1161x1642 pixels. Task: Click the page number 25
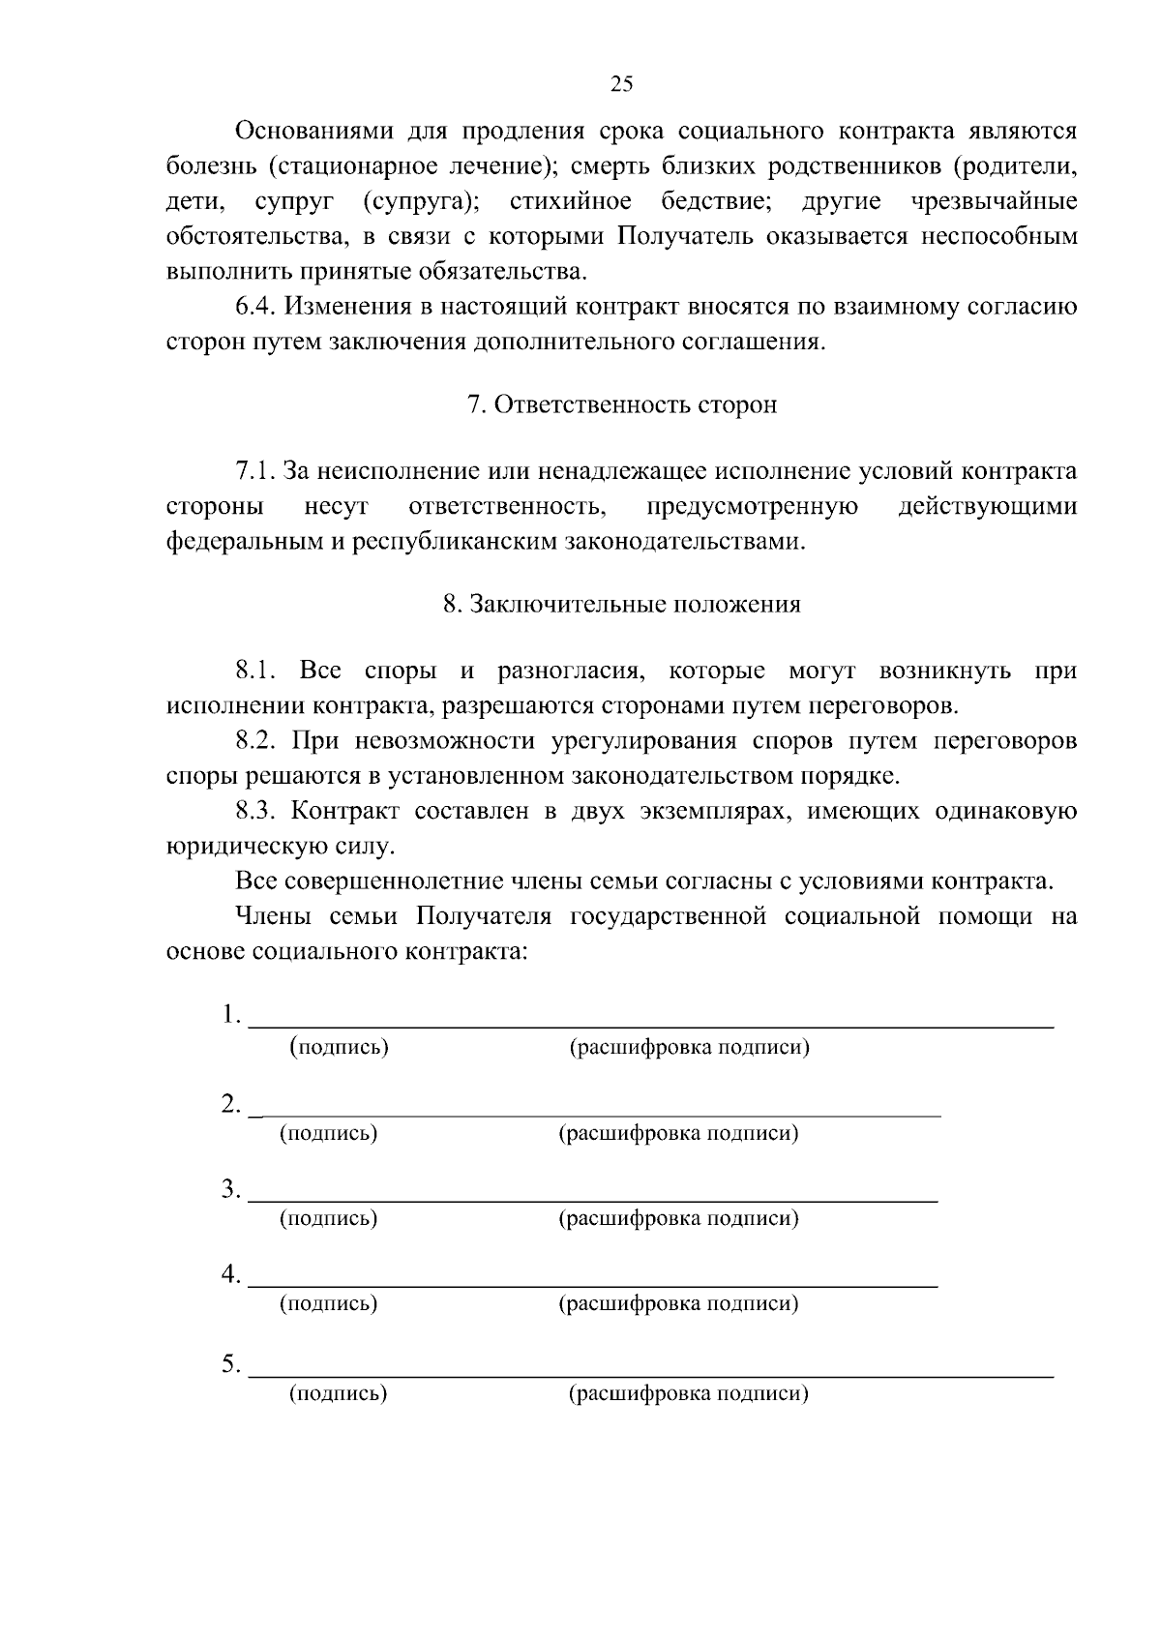(621, 84)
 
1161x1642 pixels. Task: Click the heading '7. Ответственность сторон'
(622, 404)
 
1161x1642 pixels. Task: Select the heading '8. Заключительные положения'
(622, 605)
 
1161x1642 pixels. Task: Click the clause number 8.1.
(257, 672)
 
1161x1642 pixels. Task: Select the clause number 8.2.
(257, 741)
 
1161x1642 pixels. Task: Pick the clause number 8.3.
(257, 811)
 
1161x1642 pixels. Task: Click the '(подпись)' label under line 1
(340, 1047)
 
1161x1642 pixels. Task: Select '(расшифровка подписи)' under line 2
(678, 1133)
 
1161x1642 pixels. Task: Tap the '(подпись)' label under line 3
(328, 1218)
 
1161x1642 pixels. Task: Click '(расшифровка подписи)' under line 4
(678, 1303)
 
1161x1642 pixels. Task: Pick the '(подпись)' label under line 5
(339, 1393)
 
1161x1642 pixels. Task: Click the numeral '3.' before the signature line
(230, 1189)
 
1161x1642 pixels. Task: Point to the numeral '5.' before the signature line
(230, 1364)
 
